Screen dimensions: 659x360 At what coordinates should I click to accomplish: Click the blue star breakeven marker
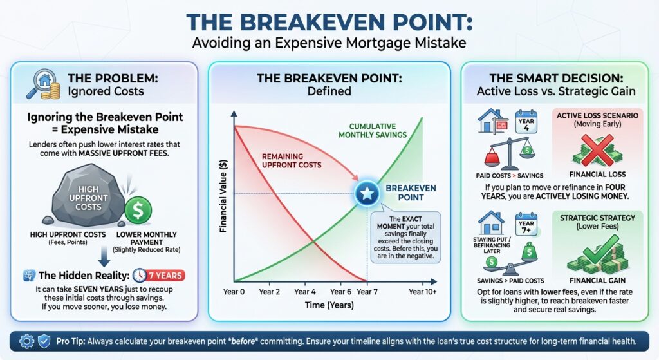click(367, 193)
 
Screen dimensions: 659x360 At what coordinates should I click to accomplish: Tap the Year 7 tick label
click(367, 292)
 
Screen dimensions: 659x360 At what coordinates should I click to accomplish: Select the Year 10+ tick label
click(422, 292)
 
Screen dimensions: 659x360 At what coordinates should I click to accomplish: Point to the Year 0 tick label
click(234, 292)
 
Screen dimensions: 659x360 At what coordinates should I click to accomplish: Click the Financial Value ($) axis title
click(223, 196)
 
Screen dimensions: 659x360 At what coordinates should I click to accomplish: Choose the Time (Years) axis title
click(329, 305)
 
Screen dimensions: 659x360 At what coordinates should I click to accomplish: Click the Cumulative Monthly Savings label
click(373, 130)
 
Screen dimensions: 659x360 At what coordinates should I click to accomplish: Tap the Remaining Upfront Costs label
click(292, 160)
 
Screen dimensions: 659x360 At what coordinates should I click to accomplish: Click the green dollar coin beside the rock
click(138, 210)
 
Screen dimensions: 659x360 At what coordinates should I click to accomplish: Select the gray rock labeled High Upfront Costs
click(88, 195)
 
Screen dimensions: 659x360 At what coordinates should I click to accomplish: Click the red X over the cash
click(597, 150)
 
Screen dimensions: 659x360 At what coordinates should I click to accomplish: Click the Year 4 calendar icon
click(526, 122)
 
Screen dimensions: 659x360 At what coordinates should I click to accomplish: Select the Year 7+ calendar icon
click(526, 224)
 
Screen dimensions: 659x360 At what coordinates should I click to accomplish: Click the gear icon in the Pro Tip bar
click(26, 341)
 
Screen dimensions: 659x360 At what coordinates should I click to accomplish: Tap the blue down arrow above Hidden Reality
click(104, 256)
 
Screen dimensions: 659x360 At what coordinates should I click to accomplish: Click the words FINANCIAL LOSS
click(597, 174)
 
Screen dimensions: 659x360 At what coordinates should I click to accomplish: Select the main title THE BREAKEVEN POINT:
click(329, 23)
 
